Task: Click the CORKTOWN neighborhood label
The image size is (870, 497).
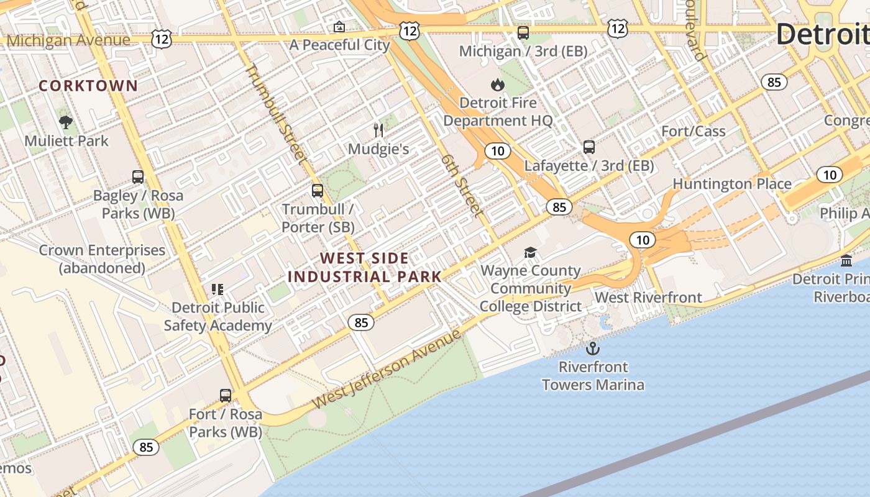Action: point(88,86)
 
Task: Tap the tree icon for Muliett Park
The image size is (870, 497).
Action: point(66,122)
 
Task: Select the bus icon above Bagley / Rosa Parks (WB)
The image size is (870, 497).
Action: point(138,176)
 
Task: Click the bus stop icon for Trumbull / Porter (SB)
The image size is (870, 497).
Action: point(318,190)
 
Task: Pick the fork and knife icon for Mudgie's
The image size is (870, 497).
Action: point(378,130)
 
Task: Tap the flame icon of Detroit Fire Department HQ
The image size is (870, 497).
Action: point(498,84)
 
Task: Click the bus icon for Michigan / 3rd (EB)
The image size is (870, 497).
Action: point(523,32)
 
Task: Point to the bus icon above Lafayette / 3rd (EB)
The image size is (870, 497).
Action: point(588,147)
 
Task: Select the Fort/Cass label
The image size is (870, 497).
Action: point(694,131)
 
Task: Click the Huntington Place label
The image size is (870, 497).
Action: point(732,184)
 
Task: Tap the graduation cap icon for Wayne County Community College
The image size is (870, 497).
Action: point(530,252)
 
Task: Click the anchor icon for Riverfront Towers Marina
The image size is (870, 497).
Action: point(593,348)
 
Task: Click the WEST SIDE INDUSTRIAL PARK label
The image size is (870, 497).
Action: point(365,268)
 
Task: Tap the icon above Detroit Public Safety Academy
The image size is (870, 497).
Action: point(217,289)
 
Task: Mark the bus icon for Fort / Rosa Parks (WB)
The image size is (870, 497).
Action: point(226,395)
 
